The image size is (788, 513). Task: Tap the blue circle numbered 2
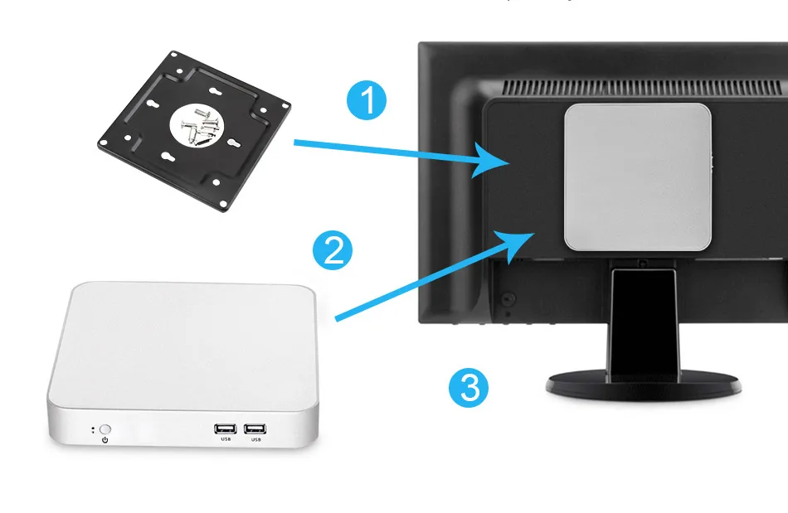333,250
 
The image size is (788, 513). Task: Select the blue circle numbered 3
469,387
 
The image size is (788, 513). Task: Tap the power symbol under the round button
105,440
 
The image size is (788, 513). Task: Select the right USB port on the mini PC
255,428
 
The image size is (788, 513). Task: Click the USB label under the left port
225,439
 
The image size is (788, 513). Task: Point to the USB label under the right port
255,439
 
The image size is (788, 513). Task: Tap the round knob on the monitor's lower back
508,296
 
